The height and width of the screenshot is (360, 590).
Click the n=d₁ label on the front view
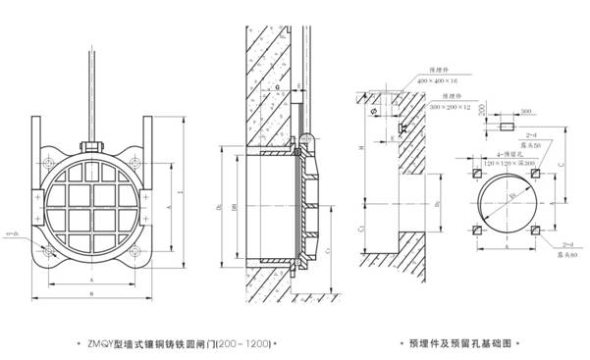point(13,233)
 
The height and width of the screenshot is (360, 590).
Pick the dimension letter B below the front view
point(92,291)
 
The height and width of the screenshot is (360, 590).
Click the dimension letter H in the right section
point(362,147)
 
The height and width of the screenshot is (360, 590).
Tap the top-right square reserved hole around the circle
point(535,174)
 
